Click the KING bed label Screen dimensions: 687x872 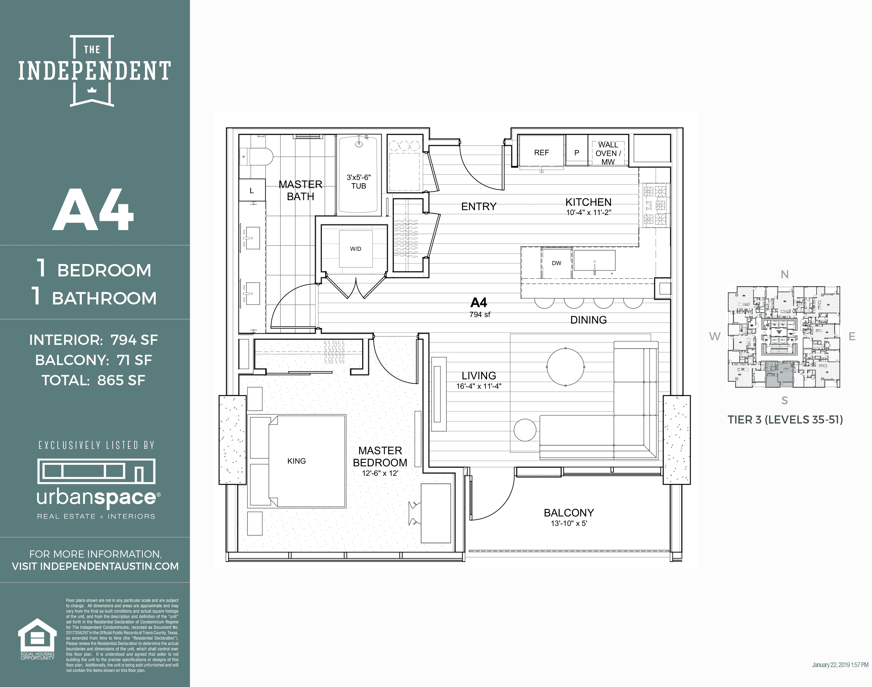click(296, 461)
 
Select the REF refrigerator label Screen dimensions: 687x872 click(541, 152)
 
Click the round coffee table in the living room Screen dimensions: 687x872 click(565, 367)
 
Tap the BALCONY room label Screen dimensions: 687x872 click(569, 513)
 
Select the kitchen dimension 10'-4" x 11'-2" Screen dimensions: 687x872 click(588, 212)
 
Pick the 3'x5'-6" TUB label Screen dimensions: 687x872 click(358, 181)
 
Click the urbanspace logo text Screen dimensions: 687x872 click(96, 498)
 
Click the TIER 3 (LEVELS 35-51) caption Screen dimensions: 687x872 click(785, 419)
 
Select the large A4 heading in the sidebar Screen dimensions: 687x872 click(93, 210)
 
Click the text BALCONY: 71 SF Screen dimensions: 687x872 click(93, 360)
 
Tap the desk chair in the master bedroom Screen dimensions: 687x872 click(414, 513)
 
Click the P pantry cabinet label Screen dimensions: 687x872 click(576, 153)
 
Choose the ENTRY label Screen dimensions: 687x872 click(479, 206)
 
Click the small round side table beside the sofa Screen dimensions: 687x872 click(525, 429)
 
